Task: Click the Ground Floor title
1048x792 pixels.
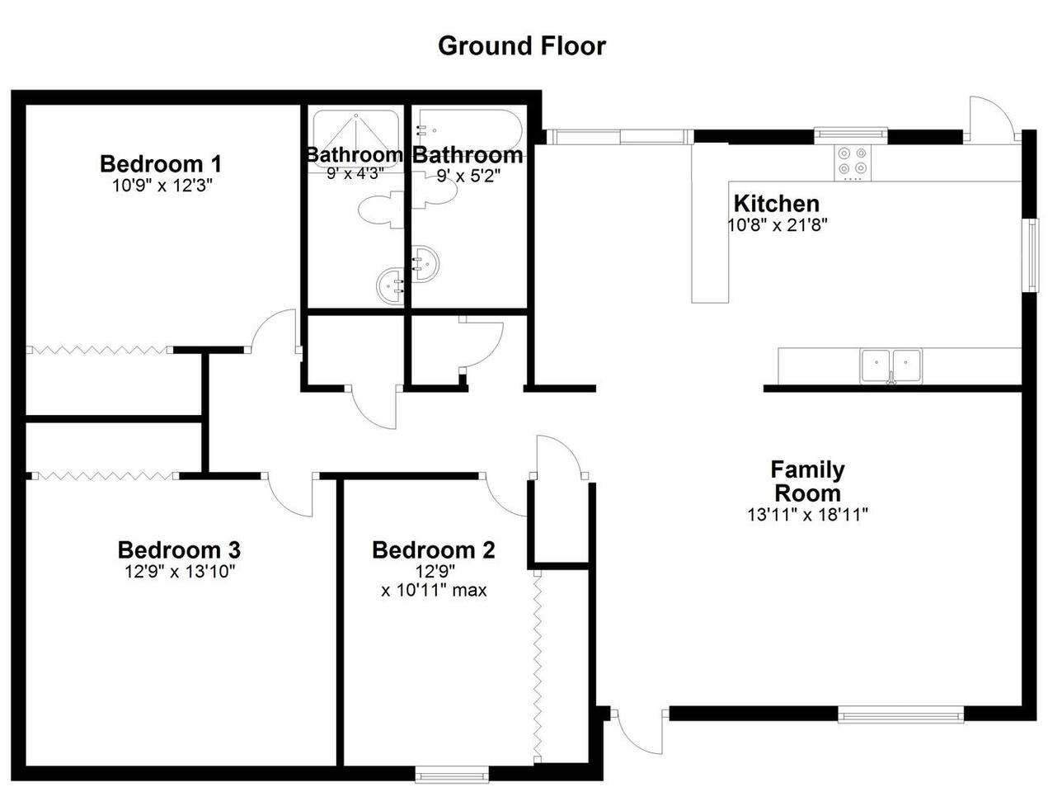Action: pos(522,46)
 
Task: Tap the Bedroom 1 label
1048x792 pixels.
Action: pos(161,164)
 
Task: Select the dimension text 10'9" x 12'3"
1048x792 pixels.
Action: pos(162,186)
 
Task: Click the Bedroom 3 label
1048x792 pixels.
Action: pos(179,549)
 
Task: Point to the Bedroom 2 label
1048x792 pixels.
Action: pos(434,549)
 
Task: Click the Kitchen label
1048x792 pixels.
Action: pos(777,204)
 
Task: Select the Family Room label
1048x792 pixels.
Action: pos(807,481)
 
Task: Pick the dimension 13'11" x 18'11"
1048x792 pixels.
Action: pos(807,515)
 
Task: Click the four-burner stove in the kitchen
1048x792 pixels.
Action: pos(853,163)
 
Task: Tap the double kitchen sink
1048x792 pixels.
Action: pos(891,365)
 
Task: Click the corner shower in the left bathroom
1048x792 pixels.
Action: pos(355,139)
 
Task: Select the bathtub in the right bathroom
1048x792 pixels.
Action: pos(469,132)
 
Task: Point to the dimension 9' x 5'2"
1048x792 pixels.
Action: pos(469,177)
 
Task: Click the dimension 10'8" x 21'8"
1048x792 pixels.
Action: pos(777,224)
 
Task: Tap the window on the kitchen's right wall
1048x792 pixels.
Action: pos(1033,255)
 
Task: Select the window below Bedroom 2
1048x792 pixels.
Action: pos(452,775)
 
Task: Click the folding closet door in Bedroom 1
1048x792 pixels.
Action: pos(99,350)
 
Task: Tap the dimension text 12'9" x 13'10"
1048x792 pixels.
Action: pos(180,571)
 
